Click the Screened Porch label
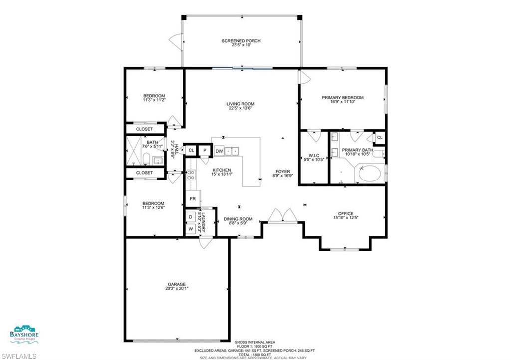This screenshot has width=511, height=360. [x=241, y=41]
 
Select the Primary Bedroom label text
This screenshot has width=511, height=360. [x=342, y=98]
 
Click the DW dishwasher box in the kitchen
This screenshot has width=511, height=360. [x=219, y=150]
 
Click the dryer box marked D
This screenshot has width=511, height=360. [x=190, y=217]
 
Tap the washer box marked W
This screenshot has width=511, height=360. [x=190, y=229]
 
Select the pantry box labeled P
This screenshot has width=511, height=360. [x=205, y=150]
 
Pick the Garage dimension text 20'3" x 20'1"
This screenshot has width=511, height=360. [x=177, y=288]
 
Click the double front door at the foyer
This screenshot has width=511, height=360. [x=283, y=215]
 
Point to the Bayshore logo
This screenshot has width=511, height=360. [x=24, y=332]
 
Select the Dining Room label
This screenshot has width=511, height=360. [x=238, y=219]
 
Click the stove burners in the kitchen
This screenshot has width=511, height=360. [x=190, y=175]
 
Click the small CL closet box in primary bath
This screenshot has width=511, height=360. [x=379, y=137]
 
